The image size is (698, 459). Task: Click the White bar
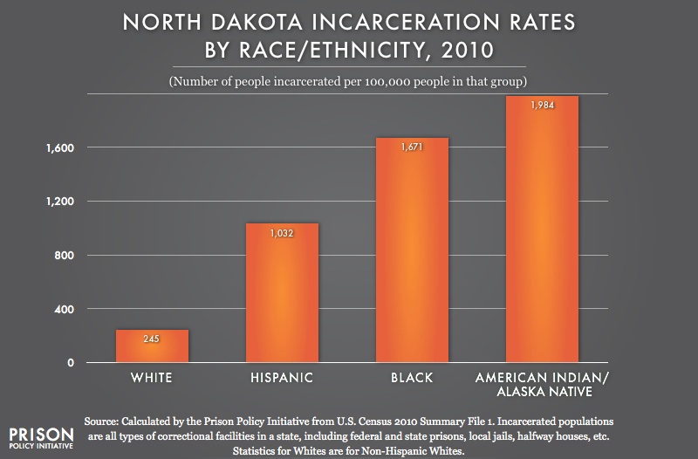(x=152, y=346)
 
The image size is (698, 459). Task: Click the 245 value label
(x=152, y=339)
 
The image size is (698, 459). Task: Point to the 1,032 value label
(x=282, y=234)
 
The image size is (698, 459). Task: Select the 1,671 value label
(x=412, y=147)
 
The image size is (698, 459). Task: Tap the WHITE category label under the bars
(x=152, y=380)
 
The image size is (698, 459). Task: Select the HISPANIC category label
(x=282, y=380)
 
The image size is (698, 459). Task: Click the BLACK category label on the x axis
(x=412, y=380)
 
